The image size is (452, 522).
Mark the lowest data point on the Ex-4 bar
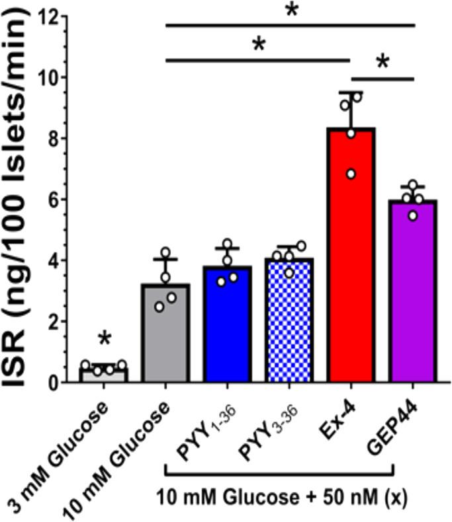coord(351,174)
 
